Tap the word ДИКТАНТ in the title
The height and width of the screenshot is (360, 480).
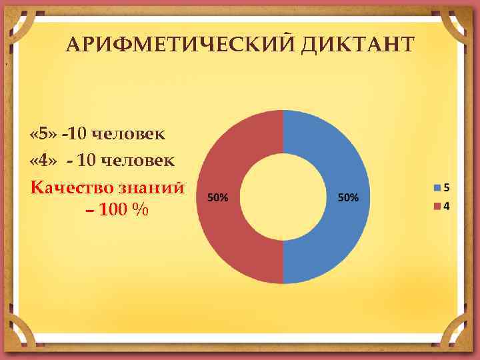click(358, 44)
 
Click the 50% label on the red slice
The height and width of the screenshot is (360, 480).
click(218, 197)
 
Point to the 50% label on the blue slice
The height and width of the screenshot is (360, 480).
click(348, 197)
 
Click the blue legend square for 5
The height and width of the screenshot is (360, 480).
click(437, 187)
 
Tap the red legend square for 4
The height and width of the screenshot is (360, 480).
click(437, 205)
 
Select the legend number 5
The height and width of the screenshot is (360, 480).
click(446, 187)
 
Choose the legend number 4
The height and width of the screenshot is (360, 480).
click(446, 205)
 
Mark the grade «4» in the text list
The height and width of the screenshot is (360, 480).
click(43, 161)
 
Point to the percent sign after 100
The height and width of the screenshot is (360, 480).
click(140, 211)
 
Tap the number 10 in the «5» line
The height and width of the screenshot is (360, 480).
click(77, 135)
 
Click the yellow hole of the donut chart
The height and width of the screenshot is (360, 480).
click(283, 197)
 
